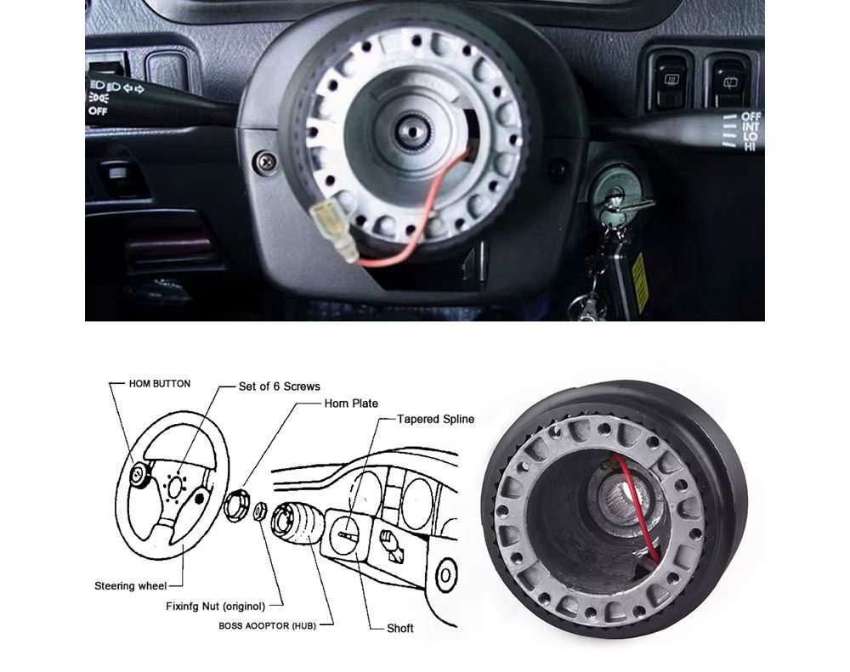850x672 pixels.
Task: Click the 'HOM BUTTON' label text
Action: click(160, 384)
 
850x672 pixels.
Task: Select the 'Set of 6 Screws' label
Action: click(279, 387)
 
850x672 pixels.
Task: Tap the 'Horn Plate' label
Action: click(351, 404)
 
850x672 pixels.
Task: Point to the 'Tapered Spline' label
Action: click(435, 419)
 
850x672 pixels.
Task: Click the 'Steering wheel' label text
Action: click(131, 586)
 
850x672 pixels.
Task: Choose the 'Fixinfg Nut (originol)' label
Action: click(216, 606)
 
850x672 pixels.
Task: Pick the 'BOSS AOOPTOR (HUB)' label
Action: click(267, 625)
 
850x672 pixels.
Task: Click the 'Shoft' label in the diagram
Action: click(400, 628)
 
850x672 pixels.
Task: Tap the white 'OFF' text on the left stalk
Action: click(98, 111)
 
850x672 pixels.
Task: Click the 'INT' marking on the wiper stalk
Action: click(751, 127)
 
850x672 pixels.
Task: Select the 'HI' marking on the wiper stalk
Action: click(750, 146)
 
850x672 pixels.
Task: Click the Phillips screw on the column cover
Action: click(266, 161)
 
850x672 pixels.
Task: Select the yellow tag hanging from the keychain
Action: click(640, 283)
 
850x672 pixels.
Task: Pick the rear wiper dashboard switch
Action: click(729, 83)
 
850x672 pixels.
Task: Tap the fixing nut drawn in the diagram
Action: click(259, 511)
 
